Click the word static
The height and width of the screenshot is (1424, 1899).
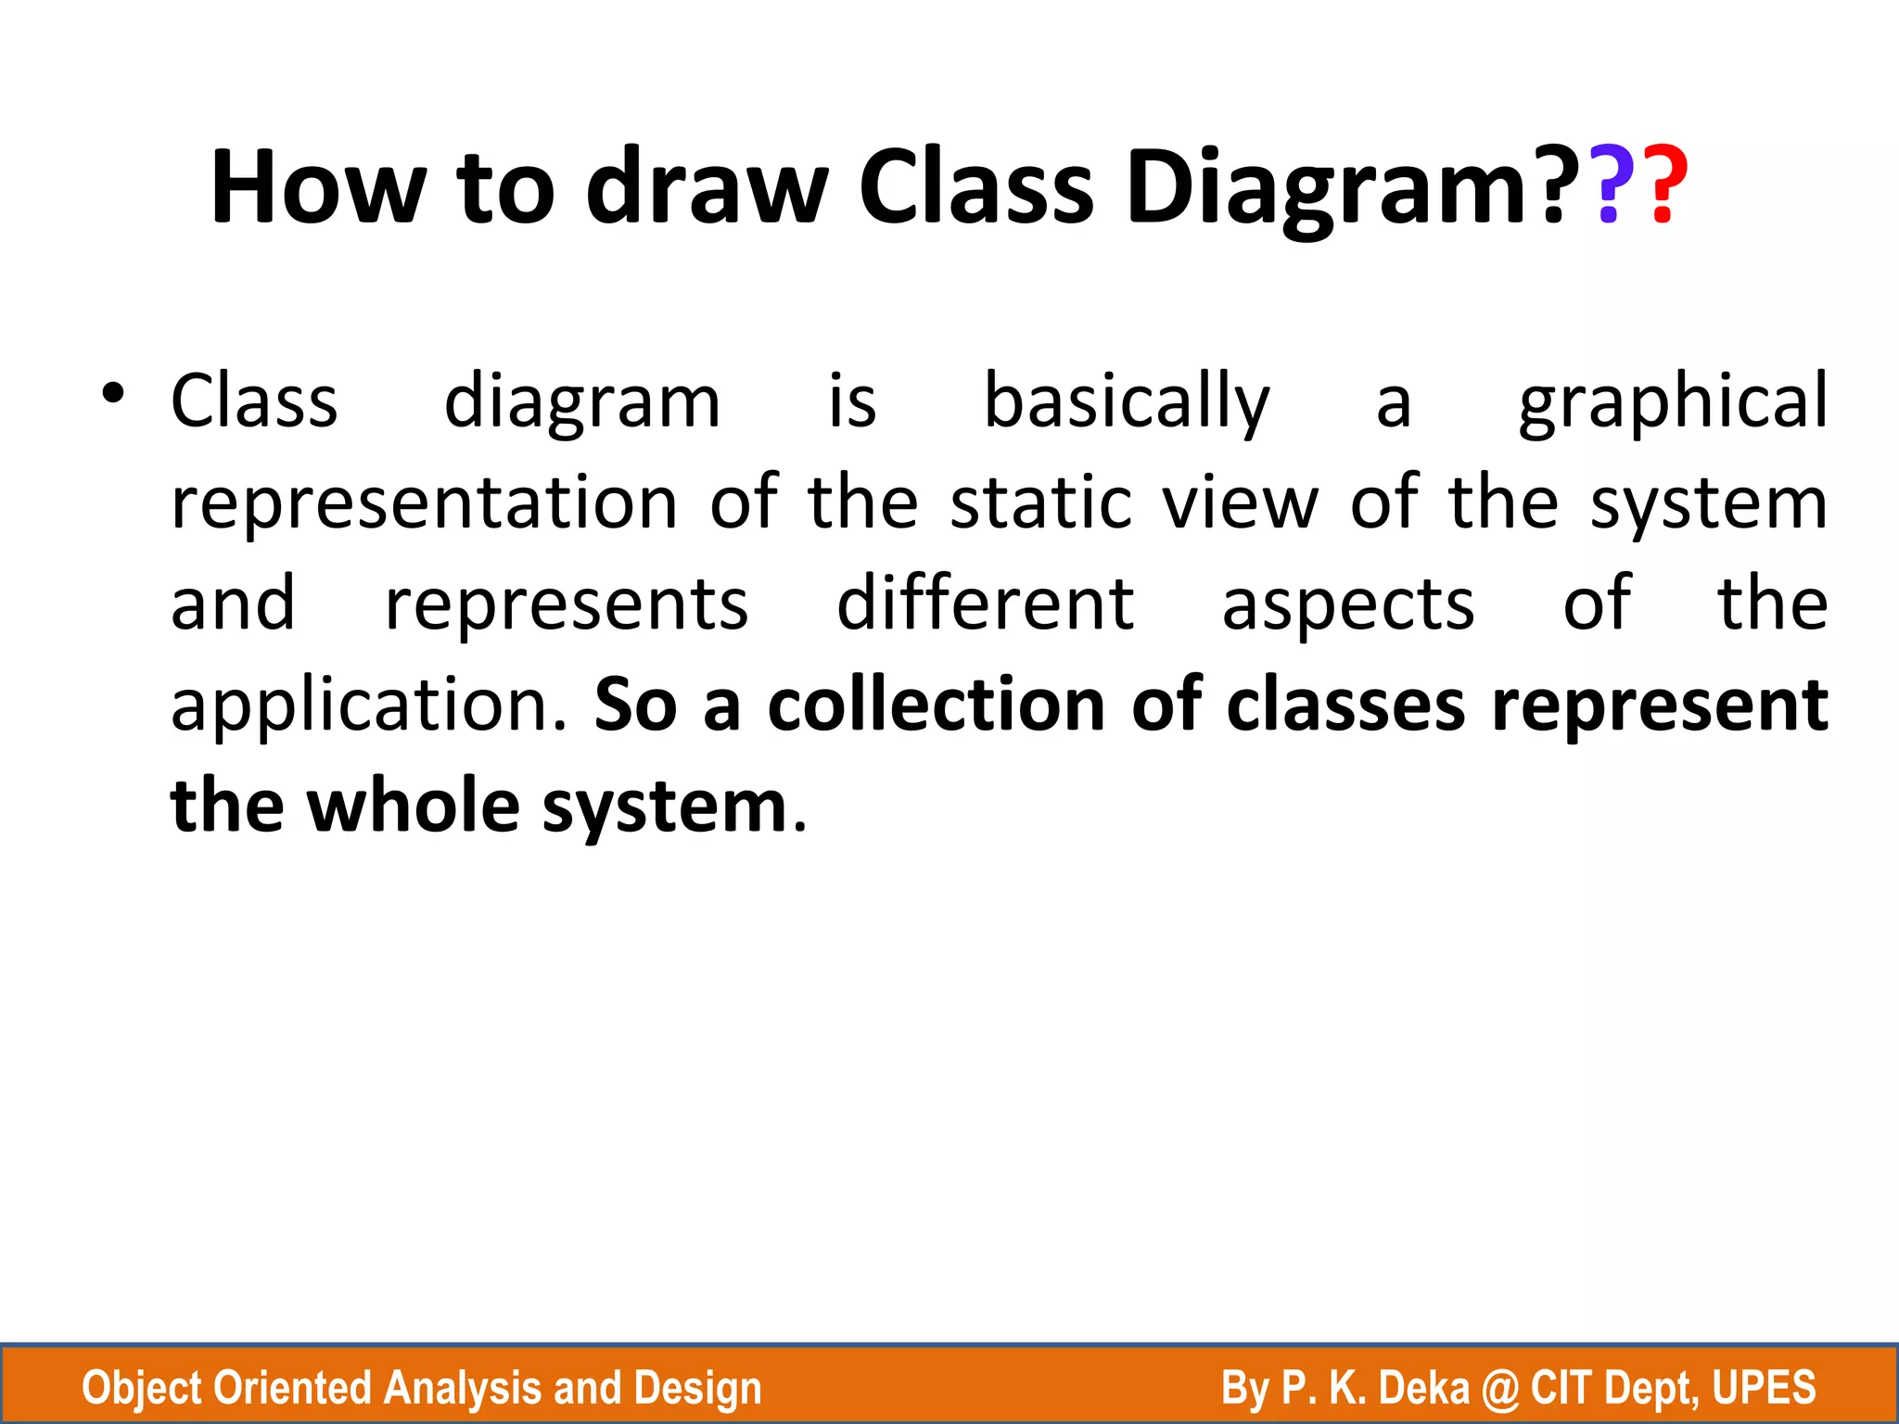pyautogui.click(x=1040, y=502)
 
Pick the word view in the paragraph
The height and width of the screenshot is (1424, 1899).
pyautogui.click(x=1240, y=502)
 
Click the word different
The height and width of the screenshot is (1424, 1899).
pyautogui.click(x=985, y=604)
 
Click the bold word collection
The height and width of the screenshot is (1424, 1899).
pyautogui.click(x=937, y=705)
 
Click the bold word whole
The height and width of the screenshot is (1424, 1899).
pyautogui.click(x=413, y=806)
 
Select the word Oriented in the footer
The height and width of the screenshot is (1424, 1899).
pyautogui.click(x=291, y=1389)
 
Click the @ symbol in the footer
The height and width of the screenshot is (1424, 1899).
pyautogui.click(x=1499, y=1389)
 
